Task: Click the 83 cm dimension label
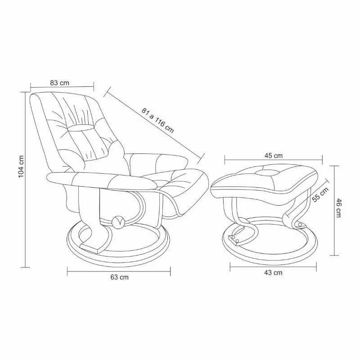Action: click(59, 83)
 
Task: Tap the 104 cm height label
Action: click(21, 166)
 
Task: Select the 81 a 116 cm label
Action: click(157, 121)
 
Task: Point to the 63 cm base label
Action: click(119, 277)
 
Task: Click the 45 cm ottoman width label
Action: click(274, 156)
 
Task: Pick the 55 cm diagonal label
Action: click(320, 195)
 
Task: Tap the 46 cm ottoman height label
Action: click(339, 208)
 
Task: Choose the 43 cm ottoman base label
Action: click(273, 273)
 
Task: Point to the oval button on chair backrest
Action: click(81, 128)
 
